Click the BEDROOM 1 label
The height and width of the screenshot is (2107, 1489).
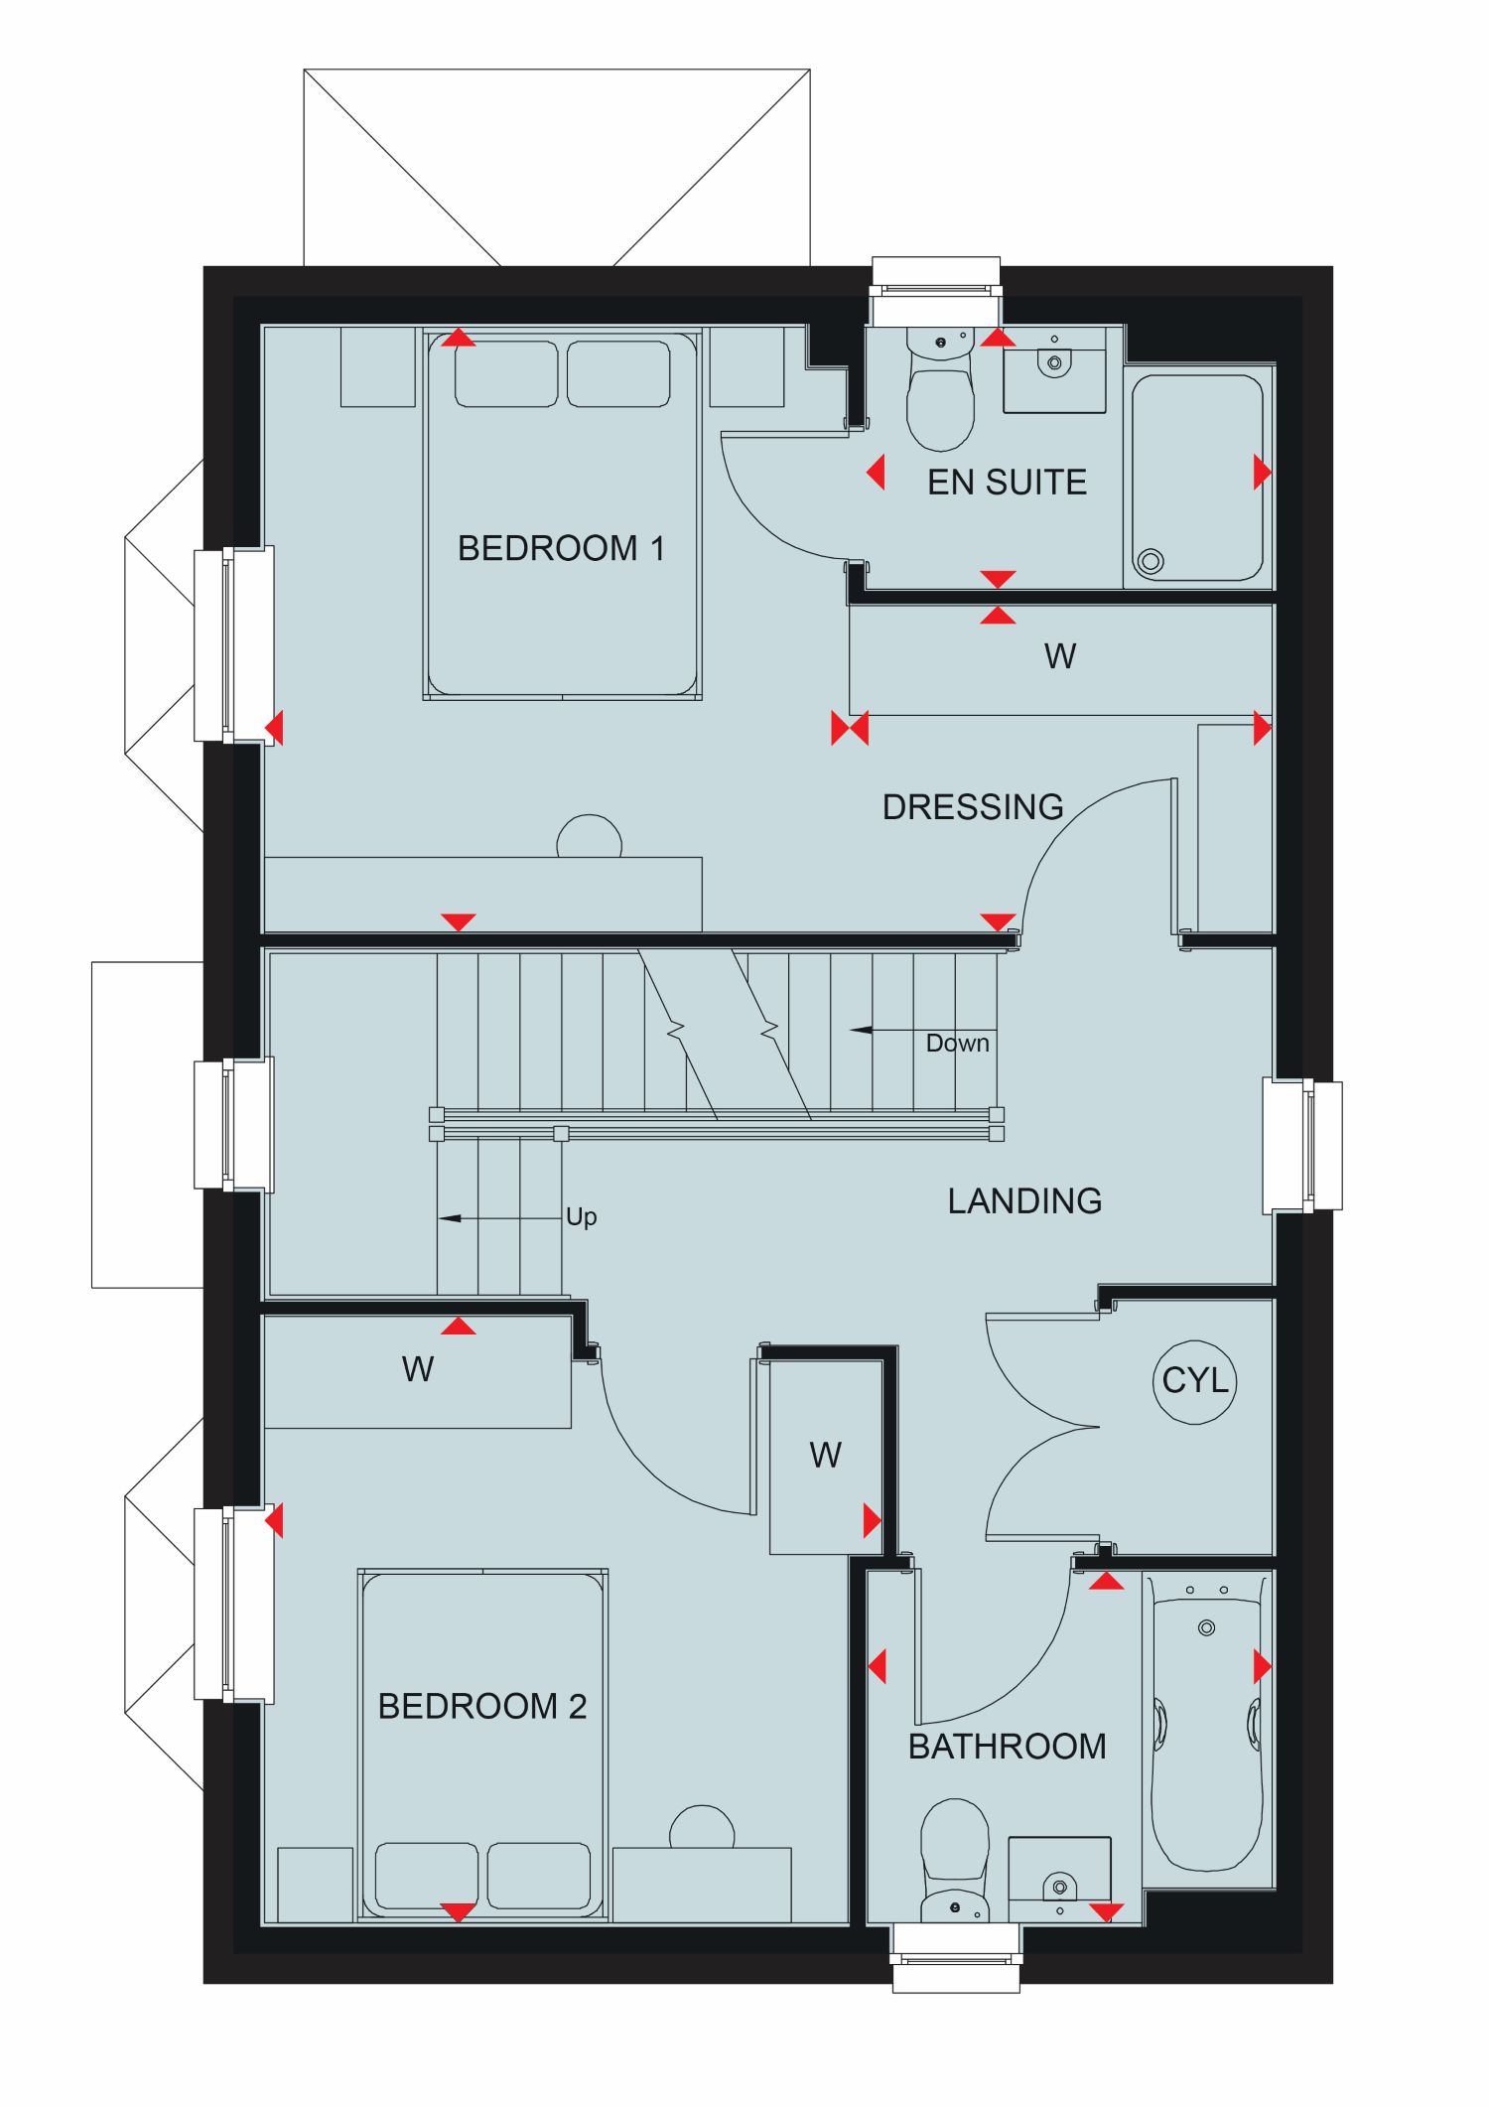pos(561,548)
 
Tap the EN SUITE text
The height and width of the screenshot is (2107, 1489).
pos(1007,483)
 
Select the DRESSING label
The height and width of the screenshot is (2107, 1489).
pos(973,806)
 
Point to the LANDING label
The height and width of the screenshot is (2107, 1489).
pos(1024,1200)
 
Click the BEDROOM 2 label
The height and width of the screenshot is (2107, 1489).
pos(482,1706)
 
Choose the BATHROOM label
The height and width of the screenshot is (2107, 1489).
pos(1007,1747)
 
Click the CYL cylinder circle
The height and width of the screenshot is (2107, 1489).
pos(1195,1380)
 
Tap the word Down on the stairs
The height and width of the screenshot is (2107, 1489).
pos(957,1043)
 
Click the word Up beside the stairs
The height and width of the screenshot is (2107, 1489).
pos(581,1217)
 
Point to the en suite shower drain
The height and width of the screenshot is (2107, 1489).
pos(1151,561)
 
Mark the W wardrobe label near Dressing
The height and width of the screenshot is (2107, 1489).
pos(1060,656)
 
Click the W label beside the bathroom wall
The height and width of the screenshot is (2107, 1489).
pos(825,1456)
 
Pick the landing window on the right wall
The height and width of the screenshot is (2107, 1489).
pos(1302,1146)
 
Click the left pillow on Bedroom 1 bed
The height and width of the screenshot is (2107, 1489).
pos(506,374)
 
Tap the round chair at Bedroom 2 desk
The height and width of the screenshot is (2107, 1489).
pos(702,1828)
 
